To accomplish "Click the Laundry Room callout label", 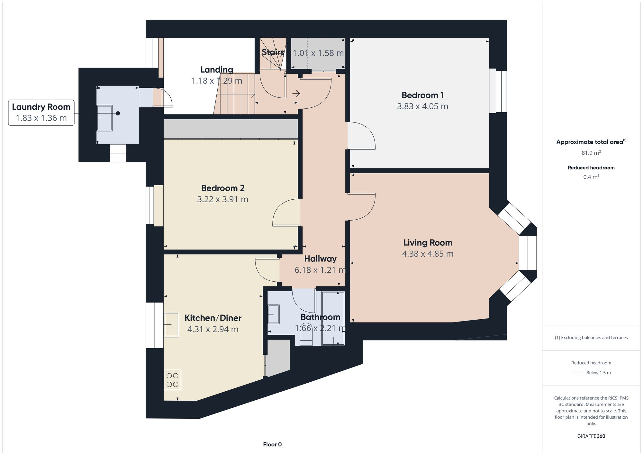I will [x=41, y=112].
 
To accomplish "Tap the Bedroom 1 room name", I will [x=422, y=95].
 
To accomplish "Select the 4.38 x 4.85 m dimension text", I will [x=428, y=254].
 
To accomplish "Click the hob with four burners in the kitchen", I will [x=172, y=380].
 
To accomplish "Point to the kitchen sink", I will [x=172, y=324].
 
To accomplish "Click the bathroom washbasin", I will [x=274, y=314].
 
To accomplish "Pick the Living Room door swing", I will [x=361, y=206].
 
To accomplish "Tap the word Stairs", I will [x=273, y=52].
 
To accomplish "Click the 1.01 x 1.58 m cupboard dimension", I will [x=318, y=53].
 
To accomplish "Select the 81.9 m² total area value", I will [x=591, y=153].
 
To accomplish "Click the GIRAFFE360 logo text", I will [x=591, y=436].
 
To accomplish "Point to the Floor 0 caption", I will [x=272, y=444].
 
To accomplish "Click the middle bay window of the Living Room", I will [x=528, y=253].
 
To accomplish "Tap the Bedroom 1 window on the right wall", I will [x=498, y=91].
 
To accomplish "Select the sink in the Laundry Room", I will [x=104, y=118].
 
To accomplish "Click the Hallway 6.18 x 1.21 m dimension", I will [x=320, y=270].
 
